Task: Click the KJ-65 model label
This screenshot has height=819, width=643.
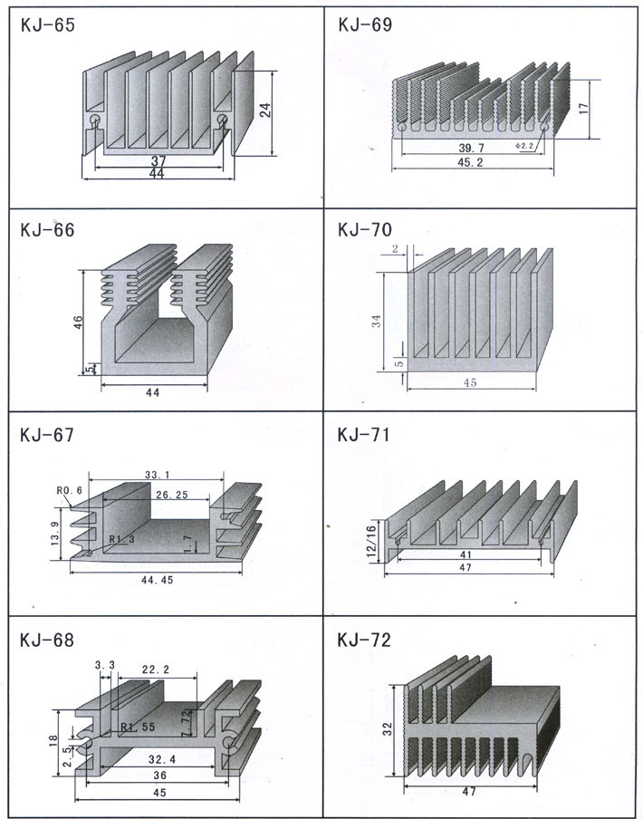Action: click(45, 26)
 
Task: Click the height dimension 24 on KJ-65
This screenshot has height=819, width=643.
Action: click(265, 111)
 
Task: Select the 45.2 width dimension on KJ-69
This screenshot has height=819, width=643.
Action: click(471, 163)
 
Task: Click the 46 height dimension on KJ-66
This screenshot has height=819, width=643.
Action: click(79, 323)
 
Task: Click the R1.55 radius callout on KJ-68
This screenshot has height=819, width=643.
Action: click(136, 727)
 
